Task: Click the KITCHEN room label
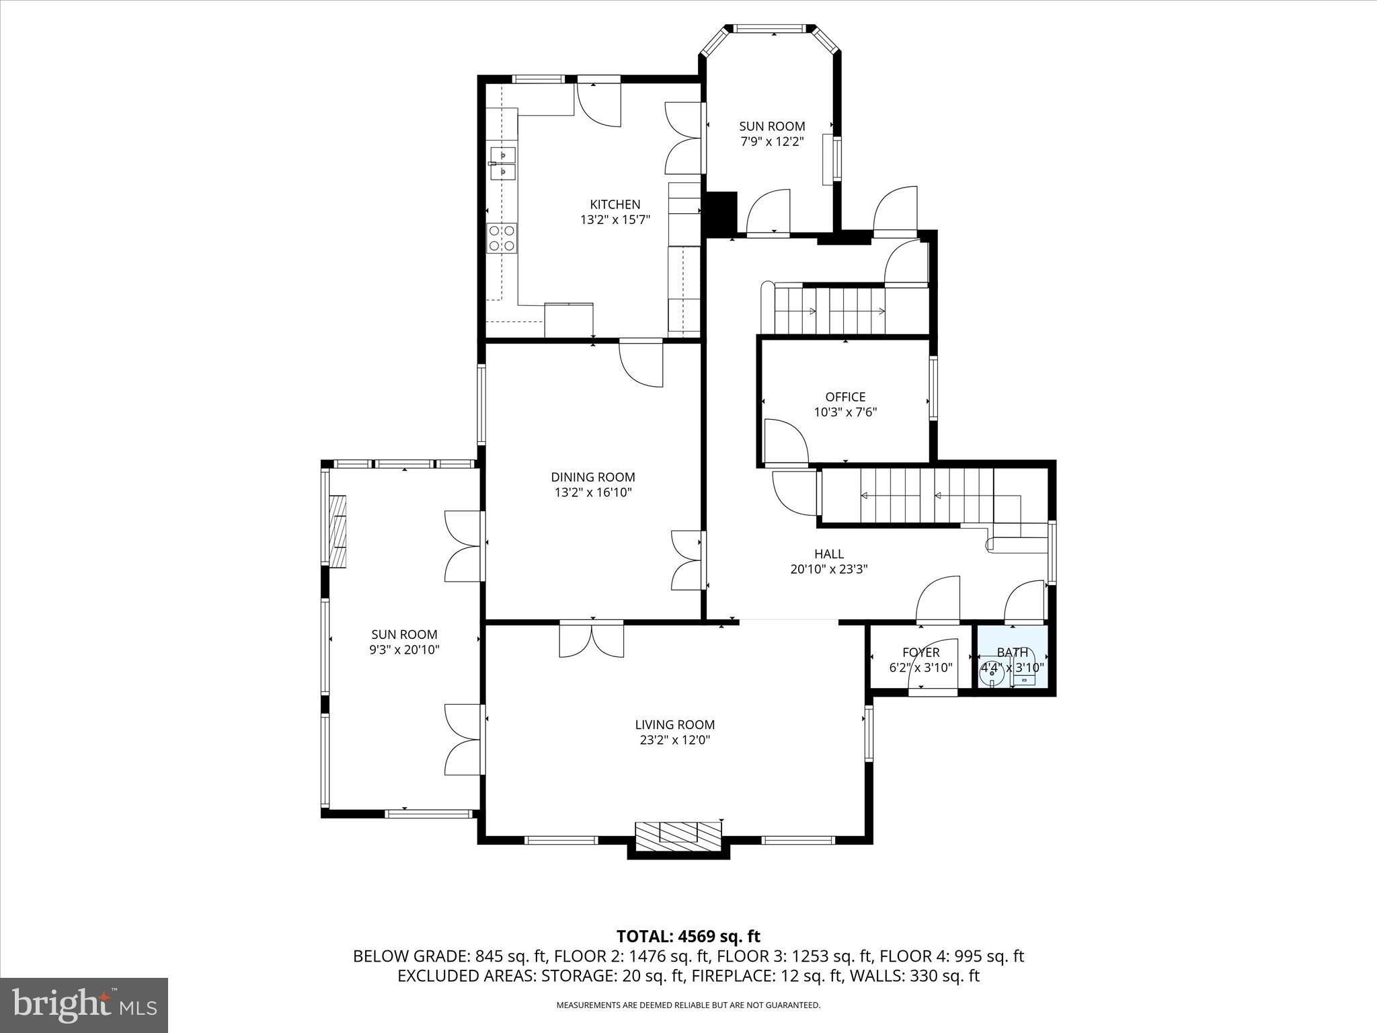[x=615, y=204]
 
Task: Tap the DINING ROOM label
[x=592, y=477]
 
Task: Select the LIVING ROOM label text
[x=674, y=724]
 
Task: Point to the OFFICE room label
[x=845, y=397]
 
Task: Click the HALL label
[x=828, y=554]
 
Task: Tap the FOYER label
[x=920, y=652]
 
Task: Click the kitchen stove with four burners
[x=502, y=238]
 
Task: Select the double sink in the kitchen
[x=502, y=164]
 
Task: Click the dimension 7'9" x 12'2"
[x=772, y=141]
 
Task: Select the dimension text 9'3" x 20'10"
[x=404, y=650]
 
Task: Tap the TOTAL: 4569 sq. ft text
[x=688, y=936]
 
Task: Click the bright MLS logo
[x=84, y=1005]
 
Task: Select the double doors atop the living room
[x=592, y=640]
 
